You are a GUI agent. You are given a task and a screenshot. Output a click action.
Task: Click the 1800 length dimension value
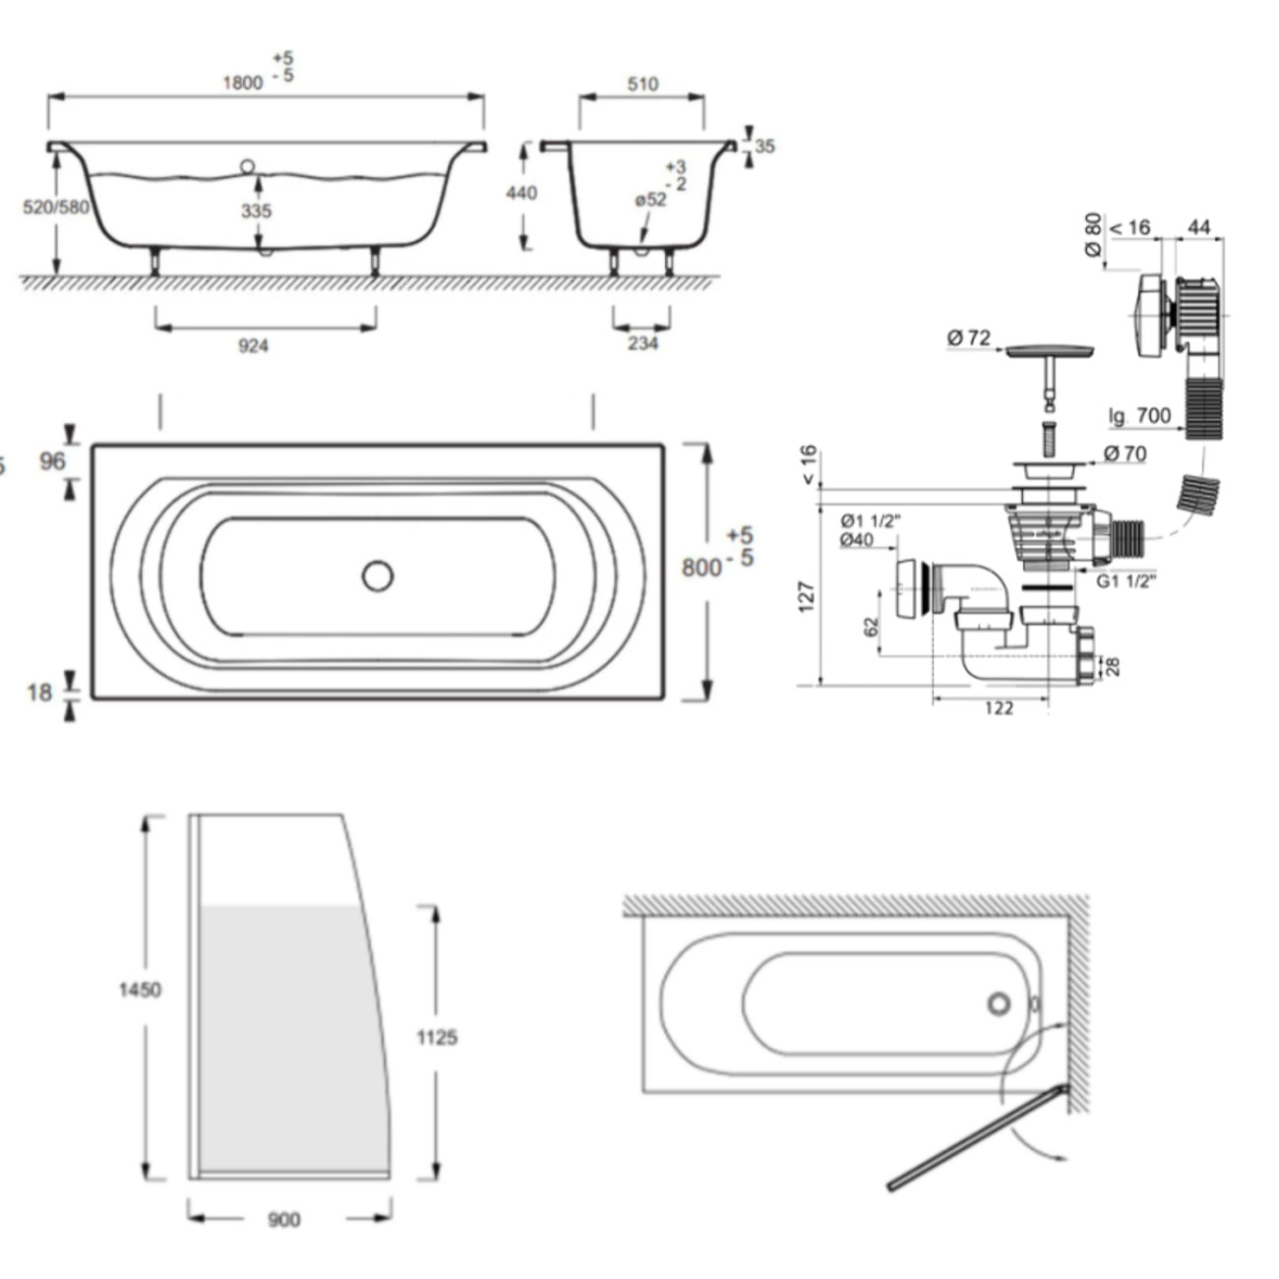(242, 83)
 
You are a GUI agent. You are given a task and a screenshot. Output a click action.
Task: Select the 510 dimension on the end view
(642, 85)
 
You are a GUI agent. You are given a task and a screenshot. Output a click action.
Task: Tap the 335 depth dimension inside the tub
(257, 211)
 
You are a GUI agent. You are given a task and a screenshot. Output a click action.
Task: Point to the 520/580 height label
(55, 208)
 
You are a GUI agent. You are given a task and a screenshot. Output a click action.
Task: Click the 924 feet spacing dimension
(253, 345)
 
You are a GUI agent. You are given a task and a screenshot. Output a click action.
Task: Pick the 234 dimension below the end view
(641, 343)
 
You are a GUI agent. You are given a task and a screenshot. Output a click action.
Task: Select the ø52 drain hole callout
(650, 200)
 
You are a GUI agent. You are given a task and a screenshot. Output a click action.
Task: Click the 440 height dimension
(521, 193)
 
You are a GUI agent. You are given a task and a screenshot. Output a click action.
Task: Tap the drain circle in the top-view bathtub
(378, 576)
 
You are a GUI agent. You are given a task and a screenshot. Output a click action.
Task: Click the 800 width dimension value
(701, 568)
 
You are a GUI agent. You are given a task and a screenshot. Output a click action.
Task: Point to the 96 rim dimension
(52, 461)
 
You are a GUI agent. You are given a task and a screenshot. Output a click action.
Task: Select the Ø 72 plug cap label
(969, 338)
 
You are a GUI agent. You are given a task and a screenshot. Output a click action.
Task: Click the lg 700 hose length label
(1139, 416)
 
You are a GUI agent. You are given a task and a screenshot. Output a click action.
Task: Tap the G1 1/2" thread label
(1126, 580)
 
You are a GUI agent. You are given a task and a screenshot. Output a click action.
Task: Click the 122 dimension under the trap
(998, 707)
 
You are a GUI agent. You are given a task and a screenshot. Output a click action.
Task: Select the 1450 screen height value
(140, 990)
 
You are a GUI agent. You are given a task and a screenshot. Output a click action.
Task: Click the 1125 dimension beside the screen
(437, 1037)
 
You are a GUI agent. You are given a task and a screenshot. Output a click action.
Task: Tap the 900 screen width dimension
(283, 1220)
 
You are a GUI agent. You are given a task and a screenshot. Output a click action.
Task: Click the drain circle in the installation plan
(999, 1003)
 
